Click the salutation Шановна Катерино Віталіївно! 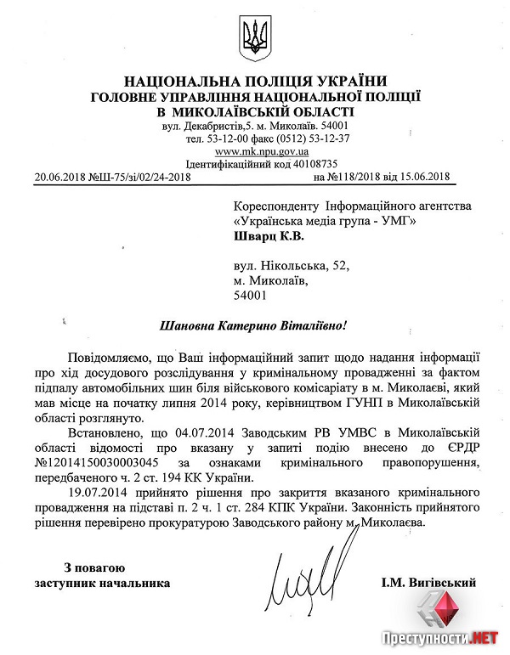254,326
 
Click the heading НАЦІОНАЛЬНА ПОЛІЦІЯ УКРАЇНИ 253,82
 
